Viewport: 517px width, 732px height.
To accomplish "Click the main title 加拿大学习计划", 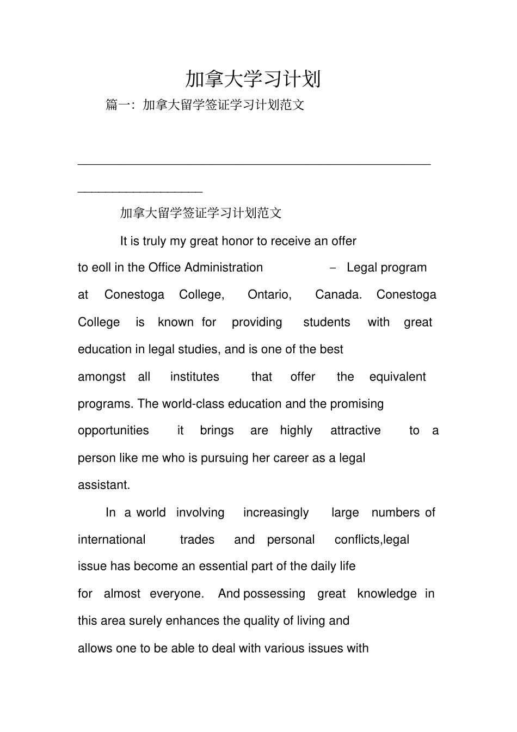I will pos(253,79).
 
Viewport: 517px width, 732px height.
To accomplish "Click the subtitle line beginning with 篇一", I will pos(205,104).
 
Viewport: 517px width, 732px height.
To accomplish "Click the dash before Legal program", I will pos(333,268).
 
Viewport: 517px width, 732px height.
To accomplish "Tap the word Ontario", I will pos(269,294).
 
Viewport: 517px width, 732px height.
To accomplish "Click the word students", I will pos(327,322).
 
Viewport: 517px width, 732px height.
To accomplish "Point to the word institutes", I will pos(194,377).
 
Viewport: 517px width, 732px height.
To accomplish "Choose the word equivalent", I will pos(397,377).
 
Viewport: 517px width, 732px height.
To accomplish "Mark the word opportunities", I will pos(113,430).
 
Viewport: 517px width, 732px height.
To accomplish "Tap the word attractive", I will pos(355,430).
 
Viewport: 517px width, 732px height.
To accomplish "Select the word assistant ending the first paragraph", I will pos(103,485).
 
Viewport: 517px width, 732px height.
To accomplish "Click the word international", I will pos(112,539).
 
